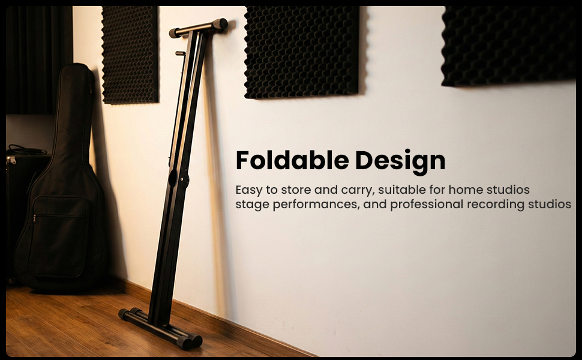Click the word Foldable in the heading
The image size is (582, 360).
click(292, 160)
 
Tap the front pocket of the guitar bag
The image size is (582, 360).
click(59, 236)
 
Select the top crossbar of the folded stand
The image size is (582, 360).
click(199, 28)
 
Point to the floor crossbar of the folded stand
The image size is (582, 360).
click(160, 328)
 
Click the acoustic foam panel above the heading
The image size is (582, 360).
click(301, 52)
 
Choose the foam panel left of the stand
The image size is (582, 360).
click(130, 55)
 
